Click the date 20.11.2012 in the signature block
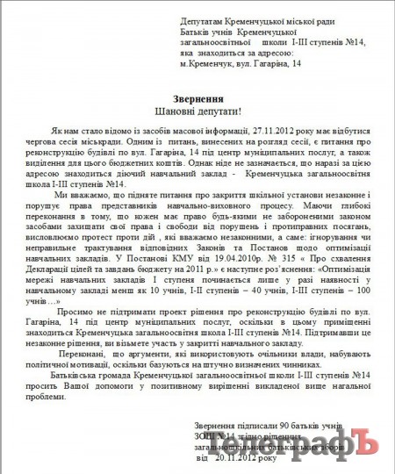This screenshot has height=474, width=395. point(238,457)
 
